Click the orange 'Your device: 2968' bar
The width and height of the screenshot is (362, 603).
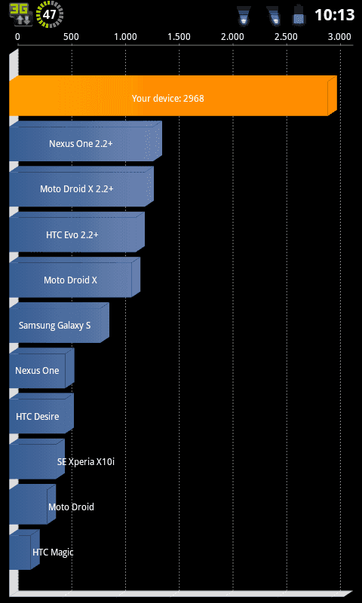click(173, 96)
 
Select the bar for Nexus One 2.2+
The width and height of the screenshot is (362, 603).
click(85, 141)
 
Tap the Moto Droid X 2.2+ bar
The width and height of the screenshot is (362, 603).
click(81, 186)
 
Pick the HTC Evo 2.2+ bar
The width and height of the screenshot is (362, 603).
click(77, 232)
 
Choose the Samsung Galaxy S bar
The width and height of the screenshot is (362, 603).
click(60, 323)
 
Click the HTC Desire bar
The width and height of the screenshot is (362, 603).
click(41, 413)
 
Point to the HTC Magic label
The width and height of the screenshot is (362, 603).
click(53, 552)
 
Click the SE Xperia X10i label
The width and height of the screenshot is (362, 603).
click(86, 461)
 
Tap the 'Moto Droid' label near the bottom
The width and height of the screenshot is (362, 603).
click(71, 507)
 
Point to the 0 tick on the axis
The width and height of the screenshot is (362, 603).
click(17, 37)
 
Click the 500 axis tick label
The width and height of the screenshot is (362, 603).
click(71, 37)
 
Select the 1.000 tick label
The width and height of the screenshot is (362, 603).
click(126, 37)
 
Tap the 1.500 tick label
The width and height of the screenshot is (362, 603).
click(179, 37)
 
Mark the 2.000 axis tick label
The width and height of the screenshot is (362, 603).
click(233, 37)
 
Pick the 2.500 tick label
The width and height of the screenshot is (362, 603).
click(287, 37)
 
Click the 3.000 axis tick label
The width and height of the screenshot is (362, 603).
click(340, 37)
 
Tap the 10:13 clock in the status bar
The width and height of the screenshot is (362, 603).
click(334, 15)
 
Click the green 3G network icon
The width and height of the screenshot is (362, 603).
click(22, 14)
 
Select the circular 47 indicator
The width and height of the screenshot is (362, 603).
click(50, 14)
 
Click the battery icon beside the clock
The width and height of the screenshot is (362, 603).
click(299, 15)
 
